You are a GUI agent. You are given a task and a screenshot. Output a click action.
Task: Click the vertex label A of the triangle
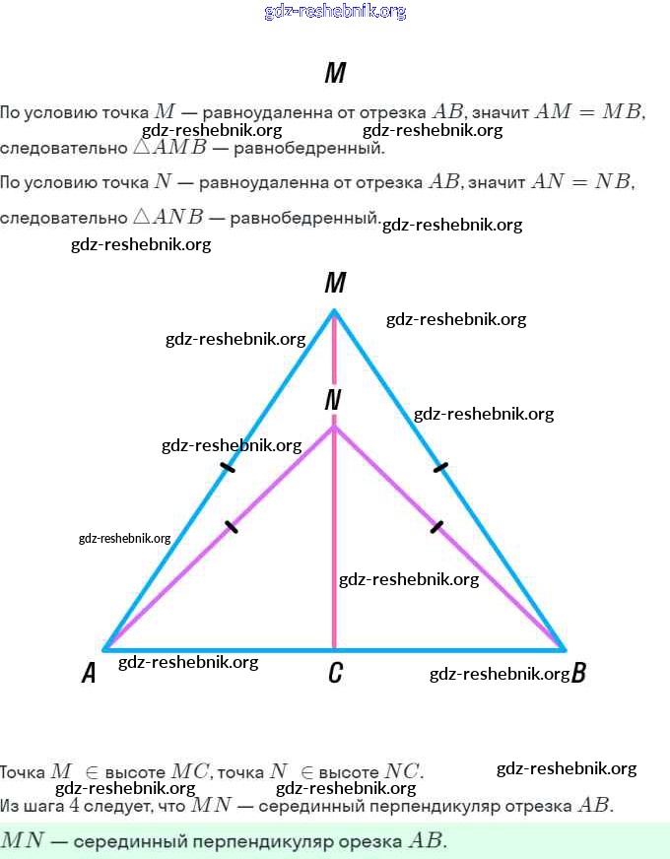pyautogui.click(x=89, y=673)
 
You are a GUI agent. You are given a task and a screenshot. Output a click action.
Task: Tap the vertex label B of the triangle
pyautogui.click(x=578, y=672)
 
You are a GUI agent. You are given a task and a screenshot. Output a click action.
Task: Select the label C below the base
pyautogui.click(x=335, y=672)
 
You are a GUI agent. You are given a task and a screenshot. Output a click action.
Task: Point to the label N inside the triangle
pyautogui.click(x=332, y=400)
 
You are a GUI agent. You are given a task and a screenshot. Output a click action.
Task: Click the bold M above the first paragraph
pyautogui.click(x=335, y=72)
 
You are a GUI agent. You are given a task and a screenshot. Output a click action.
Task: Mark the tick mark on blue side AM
pyautogui.click(x=228, y=467)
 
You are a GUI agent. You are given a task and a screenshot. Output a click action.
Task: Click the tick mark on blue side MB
pyautogui.click(x=441, y=467)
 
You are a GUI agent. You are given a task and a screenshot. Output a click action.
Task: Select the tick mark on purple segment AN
pyautogui.click(x=232, y=526)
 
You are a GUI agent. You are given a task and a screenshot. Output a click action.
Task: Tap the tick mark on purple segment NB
pyautogui.click(x=436, y=526)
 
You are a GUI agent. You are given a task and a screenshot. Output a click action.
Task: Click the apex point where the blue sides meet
pyautogui.click(x=334, y=310)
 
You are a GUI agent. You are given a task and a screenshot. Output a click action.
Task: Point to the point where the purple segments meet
pyautogui.click(x=334, y=427)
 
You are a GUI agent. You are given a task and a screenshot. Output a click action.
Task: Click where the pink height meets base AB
pyautogui.click(x=334, y=650)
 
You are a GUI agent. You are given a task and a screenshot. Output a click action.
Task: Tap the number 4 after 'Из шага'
pyautogui.click(x=74, y=806)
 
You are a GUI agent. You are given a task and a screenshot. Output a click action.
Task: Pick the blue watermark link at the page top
pyautogui.click(x=335, y=12)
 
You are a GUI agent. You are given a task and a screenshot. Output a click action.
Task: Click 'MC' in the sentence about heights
pyautogui.click(x=189, y=771)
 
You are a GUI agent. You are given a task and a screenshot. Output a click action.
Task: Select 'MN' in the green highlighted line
pyautogui.click(x=22, y=840)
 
